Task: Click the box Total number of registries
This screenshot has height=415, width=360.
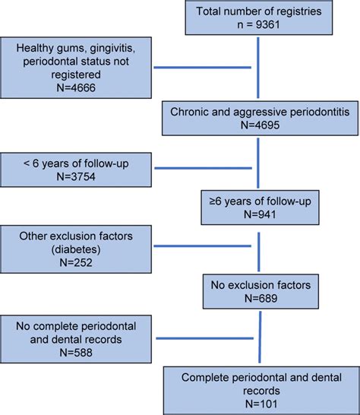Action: tap(260, 18)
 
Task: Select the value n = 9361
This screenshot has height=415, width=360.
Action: tap(260, 25)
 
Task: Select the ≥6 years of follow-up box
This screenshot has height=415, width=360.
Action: tap(260, 208)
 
